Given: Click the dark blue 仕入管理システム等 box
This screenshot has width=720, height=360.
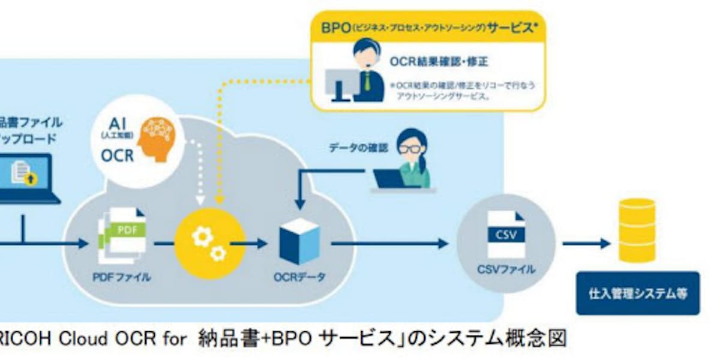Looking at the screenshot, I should click(x=638, y=294).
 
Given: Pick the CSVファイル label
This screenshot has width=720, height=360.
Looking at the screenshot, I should click(x=506, y=269).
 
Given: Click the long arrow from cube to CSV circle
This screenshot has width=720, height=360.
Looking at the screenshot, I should click(x=390, y=243).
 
